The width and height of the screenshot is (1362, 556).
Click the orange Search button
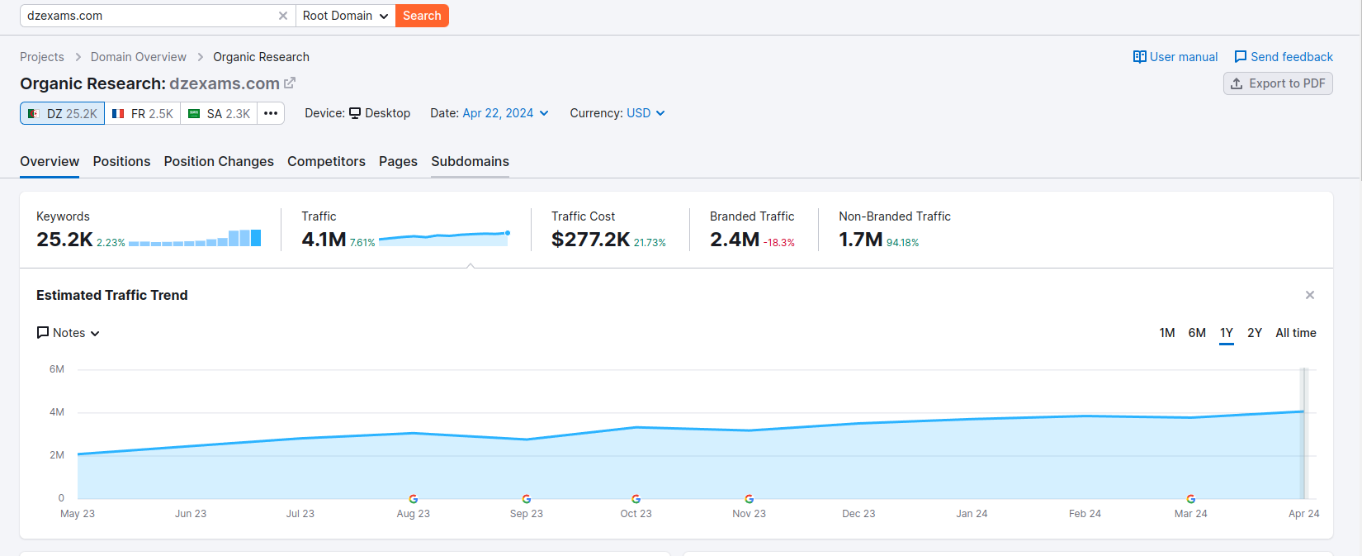pyautogui.click(x=422, y=16)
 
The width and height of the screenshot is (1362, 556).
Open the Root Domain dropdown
pyautogui.click(x=345, y=16)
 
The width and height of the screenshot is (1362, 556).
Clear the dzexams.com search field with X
pyautogui.click(x=283, y=16)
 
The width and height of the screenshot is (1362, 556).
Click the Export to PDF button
pyautogui.click(x=1278, y=83)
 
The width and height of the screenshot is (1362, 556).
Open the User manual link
pyautogui.click(x=1175, y=57)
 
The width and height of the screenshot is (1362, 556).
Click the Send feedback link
pyautogui.click(x=1284, y=57)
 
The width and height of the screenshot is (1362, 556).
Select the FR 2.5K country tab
pyautogui.click(x=143, y=113)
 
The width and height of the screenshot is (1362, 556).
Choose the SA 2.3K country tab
pyautogui.click(x=219, y=113)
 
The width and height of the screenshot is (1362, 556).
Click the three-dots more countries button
pyautogui.click(x=271, y=113)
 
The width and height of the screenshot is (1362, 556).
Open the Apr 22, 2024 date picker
pyautogui.click(x=505, y=113)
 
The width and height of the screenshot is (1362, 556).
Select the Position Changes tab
pyautogui.click(x=219, y=161)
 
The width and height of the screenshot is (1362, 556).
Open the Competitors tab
pyautogui.click(x=326, y=161)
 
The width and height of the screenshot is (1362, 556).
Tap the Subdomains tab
pyautogui.click(x=470, y=161)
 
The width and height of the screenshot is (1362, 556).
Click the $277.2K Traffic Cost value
pyautogui.click(x=590, y=240)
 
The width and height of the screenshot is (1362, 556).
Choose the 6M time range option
pyautogui.click(x=1197, y=333)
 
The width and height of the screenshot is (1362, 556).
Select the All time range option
pyautogui.click(x=1296, y=333)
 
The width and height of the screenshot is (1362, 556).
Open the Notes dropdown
pyautogui.click(x=69, y=333)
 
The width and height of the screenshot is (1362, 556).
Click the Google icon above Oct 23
pyautogui.click(x=636, y=499)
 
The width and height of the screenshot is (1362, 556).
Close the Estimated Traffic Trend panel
pyautogui.click(x=1310, y=295)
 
